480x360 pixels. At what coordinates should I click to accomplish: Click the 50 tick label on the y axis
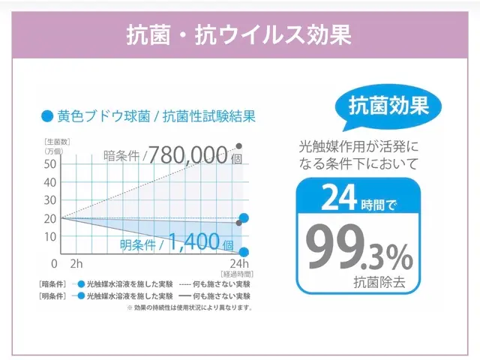pyautogui.click(x=51, y=164)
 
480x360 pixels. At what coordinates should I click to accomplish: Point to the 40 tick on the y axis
pyautogui.click(x=51, y=182)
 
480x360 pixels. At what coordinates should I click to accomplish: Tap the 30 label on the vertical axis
pyautogui.click(x=51, y=200)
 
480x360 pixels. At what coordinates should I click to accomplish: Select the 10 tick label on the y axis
pyautogui.click(x=51, y=236)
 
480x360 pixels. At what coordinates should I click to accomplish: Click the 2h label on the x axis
pyautogui.click(x=76, y=264)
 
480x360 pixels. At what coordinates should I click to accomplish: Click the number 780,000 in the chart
pyautogui.click(x=187, y=155)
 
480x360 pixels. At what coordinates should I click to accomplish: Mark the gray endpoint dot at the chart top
pyautogui.click(x=239, y=145)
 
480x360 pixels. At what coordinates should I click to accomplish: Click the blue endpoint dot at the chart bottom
pyautogui.click(x=243, y=252)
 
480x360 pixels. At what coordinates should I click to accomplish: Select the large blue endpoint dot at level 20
pyautogui.click(x=243, y=218)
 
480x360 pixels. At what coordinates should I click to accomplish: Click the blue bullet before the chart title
pyautogui.click(x=47, y=116)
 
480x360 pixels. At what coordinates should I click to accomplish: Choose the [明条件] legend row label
pyautogui.click(x=52, y=296)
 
